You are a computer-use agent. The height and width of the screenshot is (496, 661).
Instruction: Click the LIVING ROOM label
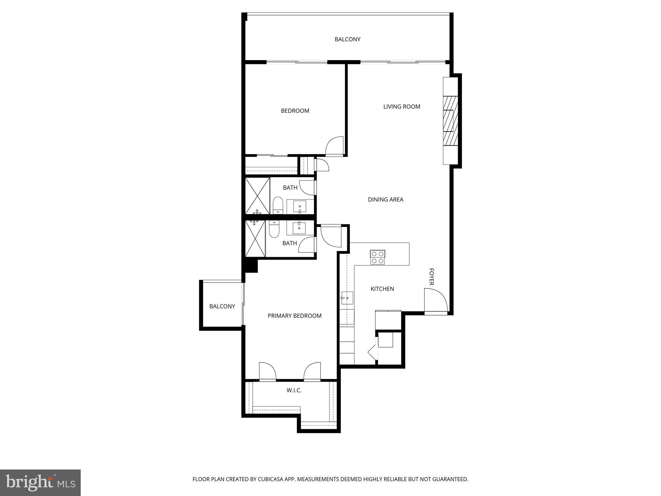(402, 107)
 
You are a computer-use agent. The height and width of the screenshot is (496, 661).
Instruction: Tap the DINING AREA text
(385, 200)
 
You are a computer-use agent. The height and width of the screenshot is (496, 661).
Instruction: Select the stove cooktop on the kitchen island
(378, 257)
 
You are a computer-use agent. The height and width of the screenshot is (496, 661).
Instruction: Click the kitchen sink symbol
(347, 298)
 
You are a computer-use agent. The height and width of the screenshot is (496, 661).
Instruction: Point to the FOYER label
(431, 277)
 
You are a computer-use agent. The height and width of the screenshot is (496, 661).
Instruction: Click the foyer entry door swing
(436, 300)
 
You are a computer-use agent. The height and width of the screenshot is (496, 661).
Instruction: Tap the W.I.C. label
(294, 390)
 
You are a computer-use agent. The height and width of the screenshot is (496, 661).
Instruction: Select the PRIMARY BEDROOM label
(294, 316)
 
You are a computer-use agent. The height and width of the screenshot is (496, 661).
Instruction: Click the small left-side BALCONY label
(222, 306)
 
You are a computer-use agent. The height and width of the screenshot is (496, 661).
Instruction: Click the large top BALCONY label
(347, 39)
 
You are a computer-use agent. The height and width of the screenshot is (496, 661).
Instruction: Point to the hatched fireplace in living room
(450, 121)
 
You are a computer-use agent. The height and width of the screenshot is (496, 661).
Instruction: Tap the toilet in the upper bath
(278, 205)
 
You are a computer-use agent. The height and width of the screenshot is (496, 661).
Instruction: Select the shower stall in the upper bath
(257, 196)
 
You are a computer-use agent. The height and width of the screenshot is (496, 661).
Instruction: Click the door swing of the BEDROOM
(335, 147)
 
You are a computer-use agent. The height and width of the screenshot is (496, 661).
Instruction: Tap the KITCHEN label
(382, 289)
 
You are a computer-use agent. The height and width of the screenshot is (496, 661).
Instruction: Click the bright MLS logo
(40, 482)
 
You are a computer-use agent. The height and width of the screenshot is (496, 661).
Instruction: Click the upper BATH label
(290, 188)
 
